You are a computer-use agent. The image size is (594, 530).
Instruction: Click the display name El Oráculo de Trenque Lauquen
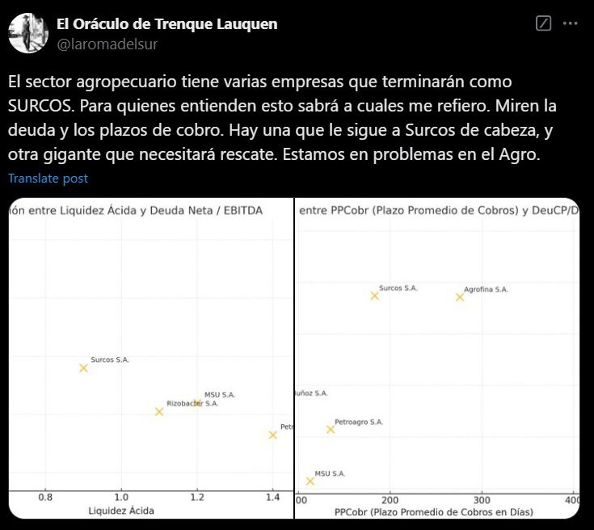pyautogui.click(x=166, y=24)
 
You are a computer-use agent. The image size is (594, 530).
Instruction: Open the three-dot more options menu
pyautogui.click(x=570, y=24)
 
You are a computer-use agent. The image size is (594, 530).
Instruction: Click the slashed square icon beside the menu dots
pyautogui.click(x=544, y=24)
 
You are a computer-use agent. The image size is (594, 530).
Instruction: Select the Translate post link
pyautogui.click(x=48, y=179)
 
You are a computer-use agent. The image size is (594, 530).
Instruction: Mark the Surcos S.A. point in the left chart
pyautogui.click(x=83, y=368)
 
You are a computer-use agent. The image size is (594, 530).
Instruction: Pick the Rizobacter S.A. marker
pyautogui.click(x=159, y=411)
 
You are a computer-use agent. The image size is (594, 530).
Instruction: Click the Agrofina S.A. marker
pyautogui.click(x=460, y=297)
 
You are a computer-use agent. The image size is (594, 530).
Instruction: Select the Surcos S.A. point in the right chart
pyautogui.click(x=374, y=296)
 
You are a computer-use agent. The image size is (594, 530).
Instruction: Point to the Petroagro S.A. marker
pyautogui.click(x=331, y=429)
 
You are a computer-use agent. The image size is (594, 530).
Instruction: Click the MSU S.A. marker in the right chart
pyautogui.click(x=310, y=481)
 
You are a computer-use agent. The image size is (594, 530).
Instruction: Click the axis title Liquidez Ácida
pyautogui.click(x=121, y=511)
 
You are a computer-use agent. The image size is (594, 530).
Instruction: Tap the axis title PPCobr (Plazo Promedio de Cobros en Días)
pyautogui.click(x=434, y=511)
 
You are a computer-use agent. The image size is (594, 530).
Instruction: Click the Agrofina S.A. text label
pyautogui.click(x=486, y=289)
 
